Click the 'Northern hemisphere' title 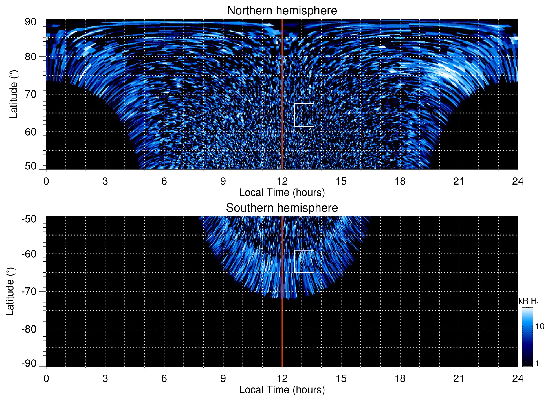pos(282,11)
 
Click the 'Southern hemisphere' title pos(282,208)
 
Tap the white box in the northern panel pos(304,115)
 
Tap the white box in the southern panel pos(304,261)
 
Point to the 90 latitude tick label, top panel pos(30,22)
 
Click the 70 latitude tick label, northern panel pos(30,94)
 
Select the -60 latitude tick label pos(29,254)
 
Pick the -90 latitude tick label pos(29,364)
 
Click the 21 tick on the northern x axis pos(459,181)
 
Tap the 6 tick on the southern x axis pos(164,378)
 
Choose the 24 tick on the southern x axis pos(518,378)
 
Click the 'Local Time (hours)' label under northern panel pos(282,192)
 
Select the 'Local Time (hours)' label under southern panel pos(282,390)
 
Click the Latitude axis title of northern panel pos(14,94)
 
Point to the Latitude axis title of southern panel pos(10,291)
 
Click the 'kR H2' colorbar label pos(529,301)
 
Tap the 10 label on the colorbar pos(540,326)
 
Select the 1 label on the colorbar pos(537,364)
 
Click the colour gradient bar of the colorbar pos(527,337)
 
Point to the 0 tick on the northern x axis pos(46,181)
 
